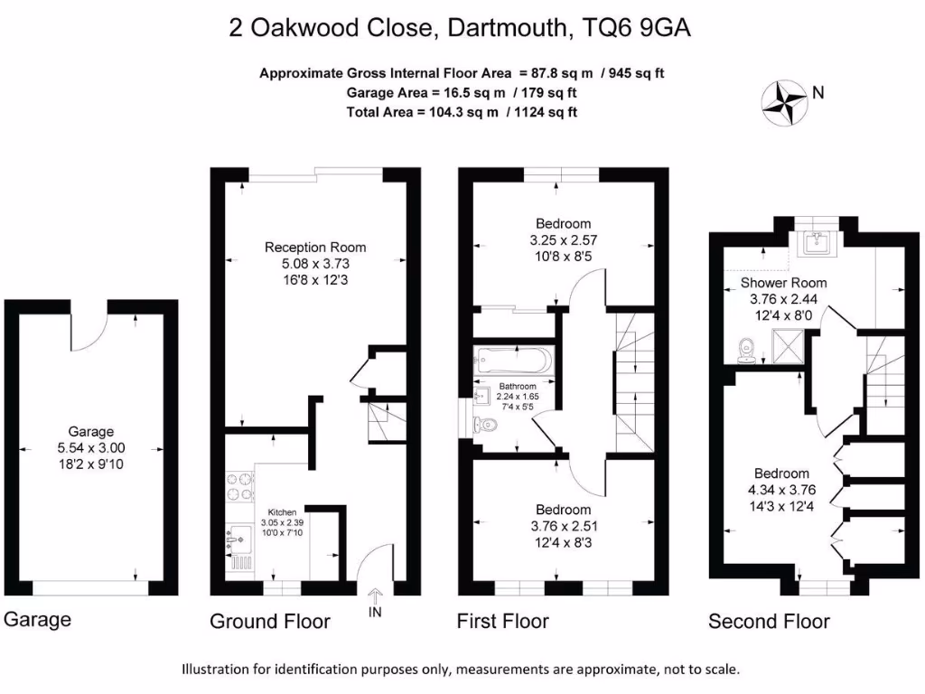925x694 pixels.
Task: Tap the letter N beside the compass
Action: coord(818,91)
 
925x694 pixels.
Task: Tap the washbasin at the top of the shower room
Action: coord(821,240)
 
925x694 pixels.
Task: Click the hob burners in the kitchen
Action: coord(240,486)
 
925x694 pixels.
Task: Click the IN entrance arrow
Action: coord(376,601)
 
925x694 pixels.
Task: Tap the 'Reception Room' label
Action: coord(315,247)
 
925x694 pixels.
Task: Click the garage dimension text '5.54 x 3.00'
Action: coord(90,447)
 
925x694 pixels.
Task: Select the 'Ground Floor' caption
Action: coord(270,622)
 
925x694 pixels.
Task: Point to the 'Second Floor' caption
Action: coord(769,622)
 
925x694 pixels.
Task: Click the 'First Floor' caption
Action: coord(502,622)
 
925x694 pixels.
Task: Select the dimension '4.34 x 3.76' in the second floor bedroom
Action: coord(782,490)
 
